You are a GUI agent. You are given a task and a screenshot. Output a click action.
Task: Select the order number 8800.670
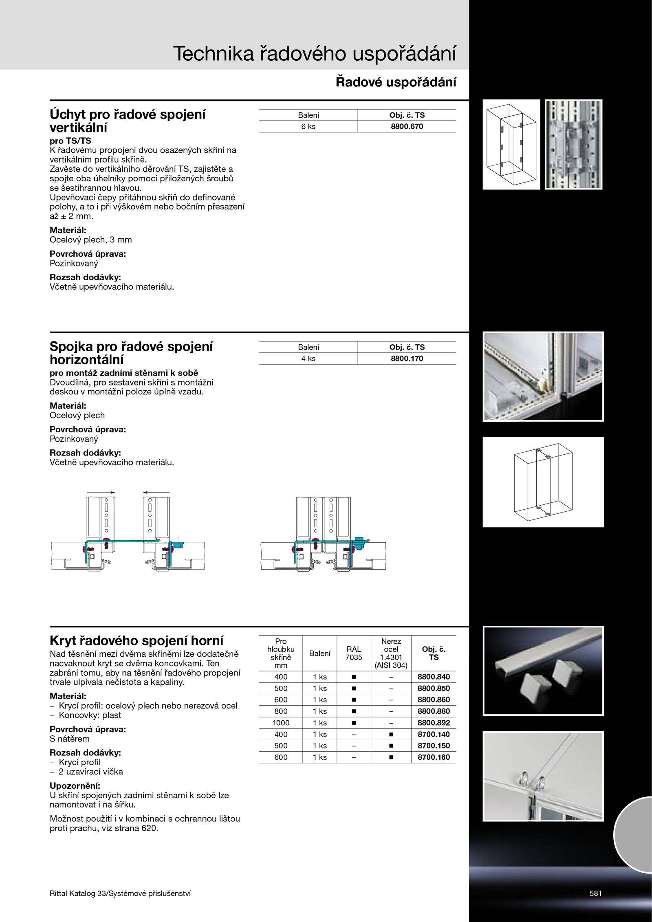407,126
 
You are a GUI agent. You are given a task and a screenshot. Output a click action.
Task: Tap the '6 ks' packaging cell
308,126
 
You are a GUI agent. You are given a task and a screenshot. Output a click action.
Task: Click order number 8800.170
407,359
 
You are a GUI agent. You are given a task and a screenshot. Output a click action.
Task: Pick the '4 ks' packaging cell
308,359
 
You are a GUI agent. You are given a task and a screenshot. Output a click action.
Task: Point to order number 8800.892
434,723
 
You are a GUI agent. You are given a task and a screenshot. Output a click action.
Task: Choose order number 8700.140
434,734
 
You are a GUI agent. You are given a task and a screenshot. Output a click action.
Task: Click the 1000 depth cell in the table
281,723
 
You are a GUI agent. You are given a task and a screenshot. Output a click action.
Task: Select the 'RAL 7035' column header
354,653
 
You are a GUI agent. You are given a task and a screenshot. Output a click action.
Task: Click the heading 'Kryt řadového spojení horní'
137,641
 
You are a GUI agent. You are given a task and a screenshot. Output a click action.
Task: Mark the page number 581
595,893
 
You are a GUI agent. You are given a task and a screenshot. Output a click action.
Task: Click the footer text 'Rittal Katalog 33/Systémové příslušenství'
120,893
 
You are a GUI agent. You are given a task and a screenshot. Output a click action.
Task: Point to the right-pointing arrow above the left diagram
101,493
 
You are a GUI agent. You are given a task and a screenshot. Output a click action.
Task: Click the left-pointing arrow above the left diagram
156,493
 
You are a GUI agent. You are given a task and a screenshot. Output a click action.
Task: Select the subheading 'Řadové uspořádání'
396,82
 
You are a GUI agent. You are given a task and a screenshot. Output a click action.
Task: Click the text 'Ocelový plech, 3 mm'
91,240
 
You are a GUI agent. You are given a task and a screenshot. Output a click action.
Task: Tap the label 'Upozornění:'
75,786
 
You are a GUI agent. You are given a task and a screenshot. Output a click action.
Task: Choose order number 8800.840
434,677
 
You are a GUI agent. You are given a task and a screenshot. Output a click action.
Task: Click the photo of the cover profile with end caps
543,671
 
